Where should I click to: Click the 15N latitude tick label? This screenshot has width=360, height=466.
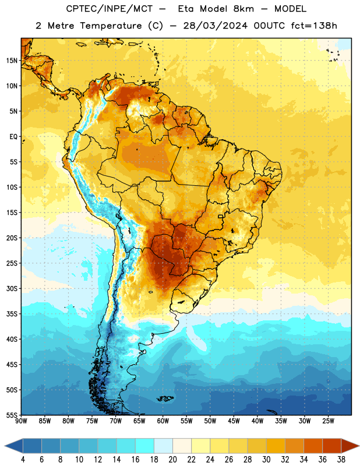(12, 61)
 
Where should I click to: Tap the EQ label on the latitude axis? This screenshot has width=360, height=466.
(13, 137)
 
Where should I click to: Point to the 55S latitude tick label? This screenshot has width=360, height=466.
(12, 415)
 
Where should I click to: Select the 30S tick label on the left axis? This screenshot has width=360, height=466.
(12, 288)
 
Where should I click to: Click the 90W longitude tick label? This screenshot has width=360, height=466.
(21, 421)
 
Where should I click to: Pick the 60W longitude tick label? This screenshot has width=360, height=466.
(163, 421)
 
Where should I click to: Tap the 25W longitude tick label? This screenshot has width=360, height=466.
(328, 421)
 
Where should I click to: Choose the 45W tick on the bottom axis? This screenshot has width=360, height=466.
(234, 421)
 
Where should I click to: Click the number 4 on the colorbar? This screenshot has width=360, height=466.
(23, 460)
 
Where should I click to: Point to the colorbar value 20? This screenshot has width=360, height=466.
(172, 460)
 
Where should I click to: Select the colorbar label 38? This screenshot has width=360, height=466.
(341, 460)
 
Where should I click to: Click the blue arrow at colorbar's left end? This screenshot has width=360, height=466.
(13, 446)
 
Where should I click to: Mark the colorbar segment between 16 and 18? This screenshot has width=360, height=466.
(145, 446)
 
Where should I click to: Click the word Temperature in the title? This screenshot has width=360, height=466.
(111, 26)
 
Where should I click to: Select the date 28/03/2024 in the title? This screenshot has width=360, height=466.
(215, 26)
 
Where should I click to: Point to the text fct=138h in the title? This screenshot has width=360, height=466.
(314, 26)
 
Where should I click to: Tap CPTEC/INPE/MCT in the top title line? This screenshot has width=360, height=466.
(110, 9)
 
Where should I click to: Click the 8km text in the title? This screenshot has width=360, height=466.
(244, 9)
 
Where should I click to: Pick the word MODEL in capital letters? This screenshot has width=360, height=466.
(290, 9)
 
